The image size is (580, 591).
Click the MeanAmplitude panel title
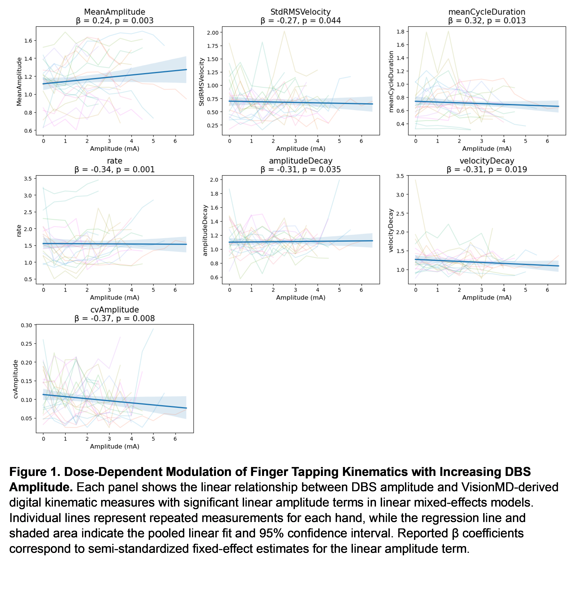coord(115,12)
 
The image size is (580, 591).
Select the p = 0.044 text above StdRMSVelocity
coord(322,21)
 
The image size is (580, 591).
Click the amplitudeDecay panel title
coord(301,161)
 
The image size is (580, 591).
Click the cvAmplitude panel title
coord(115,310)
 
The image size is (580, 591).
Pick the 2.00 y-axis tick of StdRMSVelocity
coord(213,33)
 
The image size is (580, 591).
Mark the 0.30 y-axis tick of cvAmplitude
coord(26,325)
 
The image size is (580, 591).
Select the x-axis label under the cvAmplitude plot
coord(115,446)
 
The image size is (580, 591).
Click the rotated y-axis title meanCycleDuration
coord(391,82)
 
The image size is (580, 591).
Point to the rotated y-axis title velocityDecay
coord(391,230)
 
